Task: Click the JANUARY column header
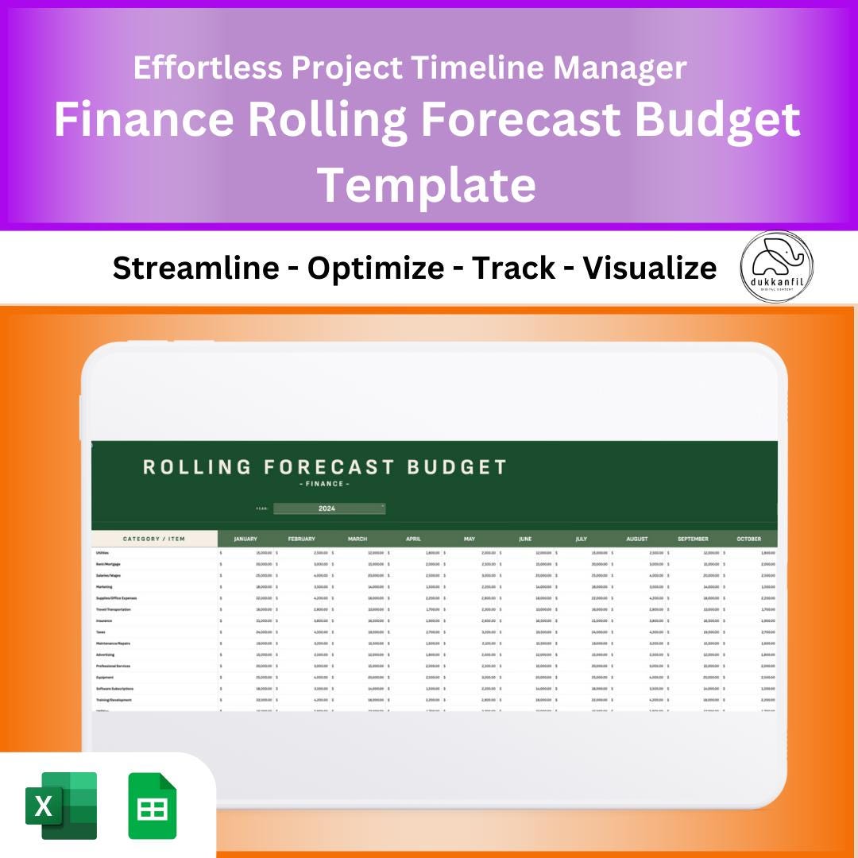click(x=245, y=539)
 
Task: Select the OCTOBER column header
click(x=748, y=539)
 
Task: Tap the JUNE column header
click(x=525, y=539)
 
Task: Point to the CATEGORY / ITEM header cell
click(x=154, y=539)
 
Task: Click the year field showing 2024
click(x=328, y=508)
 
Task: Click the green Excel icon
click(x=61, y=805)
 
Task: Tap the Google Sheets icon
click(x=153, y=806)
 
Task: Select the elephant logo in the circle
click(x=776, y=266)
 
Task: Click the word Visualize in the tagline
click(x=650, y=269)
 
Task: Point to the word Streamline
click(x=195, y=269)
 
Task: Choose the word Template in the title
click(x=427, y=184)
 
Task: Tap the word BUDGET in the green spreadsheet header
click(x=457, y=467)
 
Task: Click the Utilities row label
click(x=102, y=552)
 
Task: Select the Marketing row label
click(x=104, y=586)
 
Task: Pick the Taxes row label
click(x=100, y=632)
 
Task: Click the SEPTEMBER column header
click(x=693, y=539)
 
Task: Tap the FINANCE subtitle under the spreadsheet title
click(x=323, y=484)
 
